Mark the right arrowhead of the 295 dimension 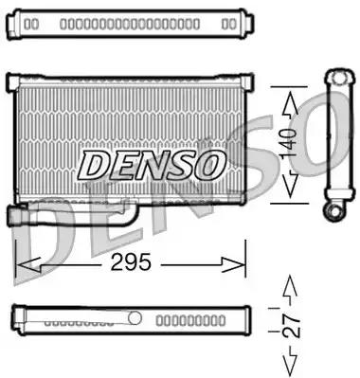tap(239, 263)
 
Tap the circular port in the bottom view tap(134, 318)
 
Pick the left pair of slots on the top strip tap(31, 21)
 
